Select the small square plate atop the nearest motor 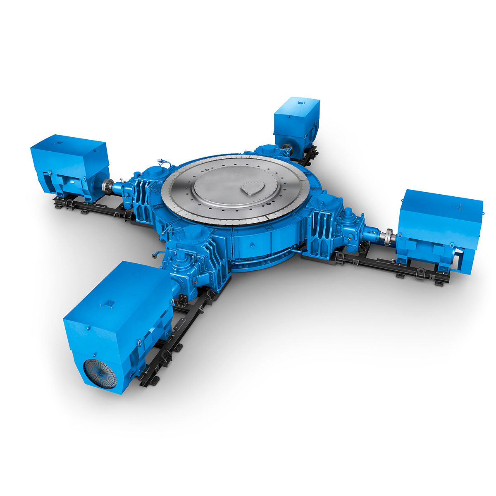(108, 304)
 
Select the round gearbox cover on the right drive (320, 203)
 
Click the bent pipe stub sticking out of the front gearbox (155, 255)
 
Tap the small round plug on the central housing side (251, 247)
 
